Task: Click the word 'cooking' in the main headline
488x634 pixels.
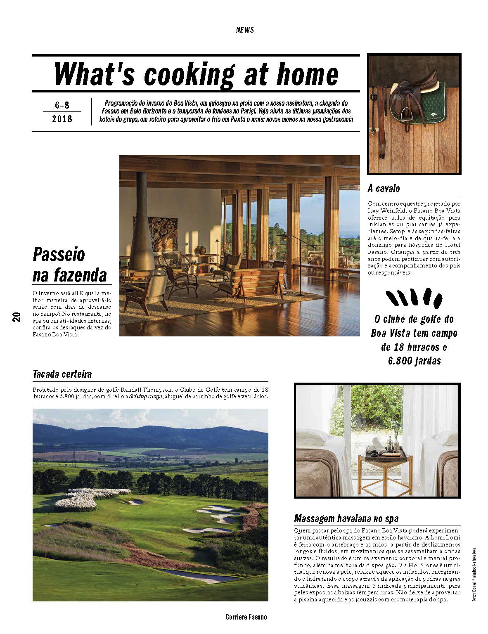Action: pyautogui.click(x=189, y=75)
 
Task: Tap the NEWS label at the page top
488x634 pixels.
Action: pyautogui.click(x=245, y=30)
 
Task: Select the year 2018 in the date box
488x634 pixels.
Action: pyautogui.click(x=62, y=119)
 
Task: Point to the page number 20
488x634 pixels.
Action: pyautogui.click(x=17, y=317)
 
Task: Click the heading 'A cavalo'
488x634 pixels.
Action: pyautogui.click(x=384, y=189)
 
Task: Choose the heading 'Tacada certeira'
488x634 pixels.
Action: pyautogui.click(x=62, y=374)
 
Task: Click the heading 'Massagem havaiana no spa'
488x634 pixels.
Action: pyautogui.click(x=346, y=518)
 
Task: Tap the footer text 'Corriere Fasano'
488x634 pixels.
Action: pyautogui.click(x=246, y=617)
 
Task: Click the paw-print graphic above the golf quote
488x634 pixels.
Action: pyautogui.click(x=414, y=298)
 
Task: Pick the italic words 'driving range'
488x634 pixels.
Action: pyautogui.click(x=146, y=397)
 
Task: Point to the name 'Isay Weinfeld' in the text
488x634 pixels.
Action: pyautogui.click(x=388, y=211)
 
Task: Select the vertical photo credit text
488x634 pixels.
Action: pyautogui.click(x=474, y=574)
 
